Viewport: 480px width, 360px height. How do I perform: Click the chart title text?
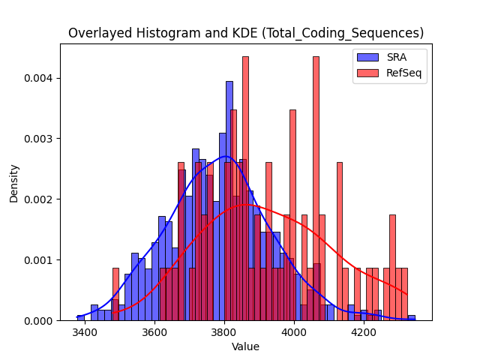click(246, 33)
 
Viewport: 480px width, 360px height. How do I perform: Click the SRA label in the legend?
click(397, 57)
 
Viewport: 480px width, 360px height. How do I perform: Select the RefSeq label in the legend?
click(403, 73)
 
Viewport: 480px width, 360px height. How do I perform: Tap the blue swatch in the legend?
click(367, 57)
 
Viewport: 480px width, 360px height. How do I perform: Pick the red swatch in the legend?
click(367, 73)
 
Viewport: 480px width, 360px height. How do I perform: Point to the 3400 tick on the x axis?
click(85, 332)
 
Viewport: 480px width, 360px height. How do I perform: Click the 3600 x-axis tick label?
click(154, 332)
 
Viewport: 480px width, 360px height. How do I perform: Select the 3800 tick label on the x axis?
click(224, 332)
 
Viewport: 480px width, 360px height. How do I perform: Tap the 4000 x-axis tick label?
click(294, 332)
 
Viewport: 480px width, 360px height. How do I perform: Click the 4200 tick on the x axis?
click(364, 332)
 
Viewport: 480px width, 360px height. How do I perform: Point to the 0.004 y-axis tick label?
click(38, 78)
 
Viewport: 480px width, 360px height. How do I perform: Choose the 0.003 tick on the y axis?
click(38, 139)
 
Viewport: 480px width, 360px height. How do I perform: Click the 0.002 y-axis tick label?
click(38, 199)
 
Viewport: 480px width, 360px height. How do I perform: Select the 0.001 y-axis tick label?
click(38, 260)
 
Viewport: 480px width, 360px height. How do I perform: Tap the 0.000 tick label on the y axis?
click(38, 320)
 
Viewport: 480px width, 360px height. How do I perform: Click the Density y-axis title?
click(13, 184)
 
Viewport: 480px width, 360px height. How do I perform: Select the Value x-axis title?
click(245, 346)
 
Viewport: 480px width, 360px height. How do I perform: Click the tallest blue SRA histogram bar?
click(229, 201)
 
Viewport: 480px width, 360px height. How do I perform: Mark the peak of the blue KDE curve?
click(225, 157)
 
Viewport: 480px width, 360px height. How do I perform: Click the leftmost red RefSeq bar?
click(115, 294)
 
